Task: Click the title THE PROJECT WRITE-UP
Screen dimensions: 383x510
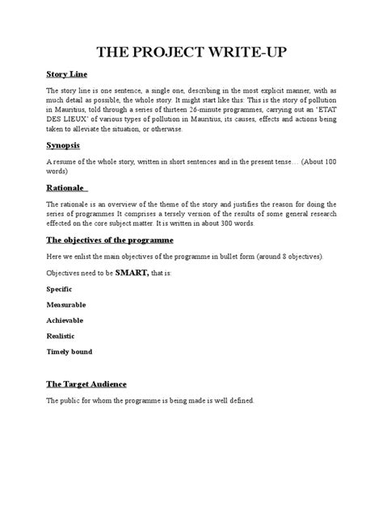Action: click(x=191, y=53)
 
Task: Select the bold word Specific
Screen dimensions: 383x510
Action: click(x=60, y=288)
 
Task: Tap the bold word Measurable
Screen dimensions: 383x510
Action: click(x=66, y=304)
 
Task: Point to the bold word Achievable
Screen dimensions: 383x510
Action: click(x=65, y=320)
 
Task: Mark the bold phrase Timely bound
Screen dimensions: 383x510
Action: click(x=69, y=352)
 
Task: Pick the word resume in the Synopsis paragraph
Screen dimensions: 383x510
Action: click(x=65, y=162)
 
